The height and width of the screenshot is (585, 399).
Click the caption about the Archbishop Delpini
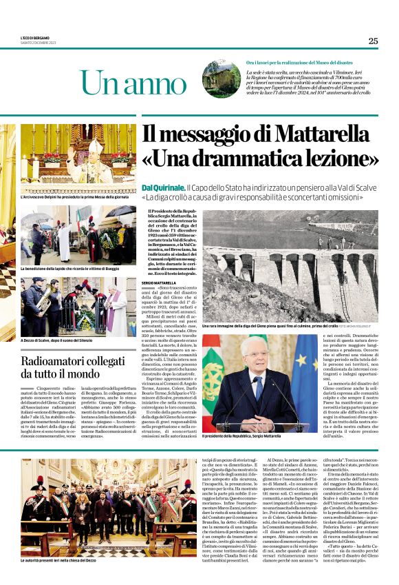(x=74, y=197)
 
